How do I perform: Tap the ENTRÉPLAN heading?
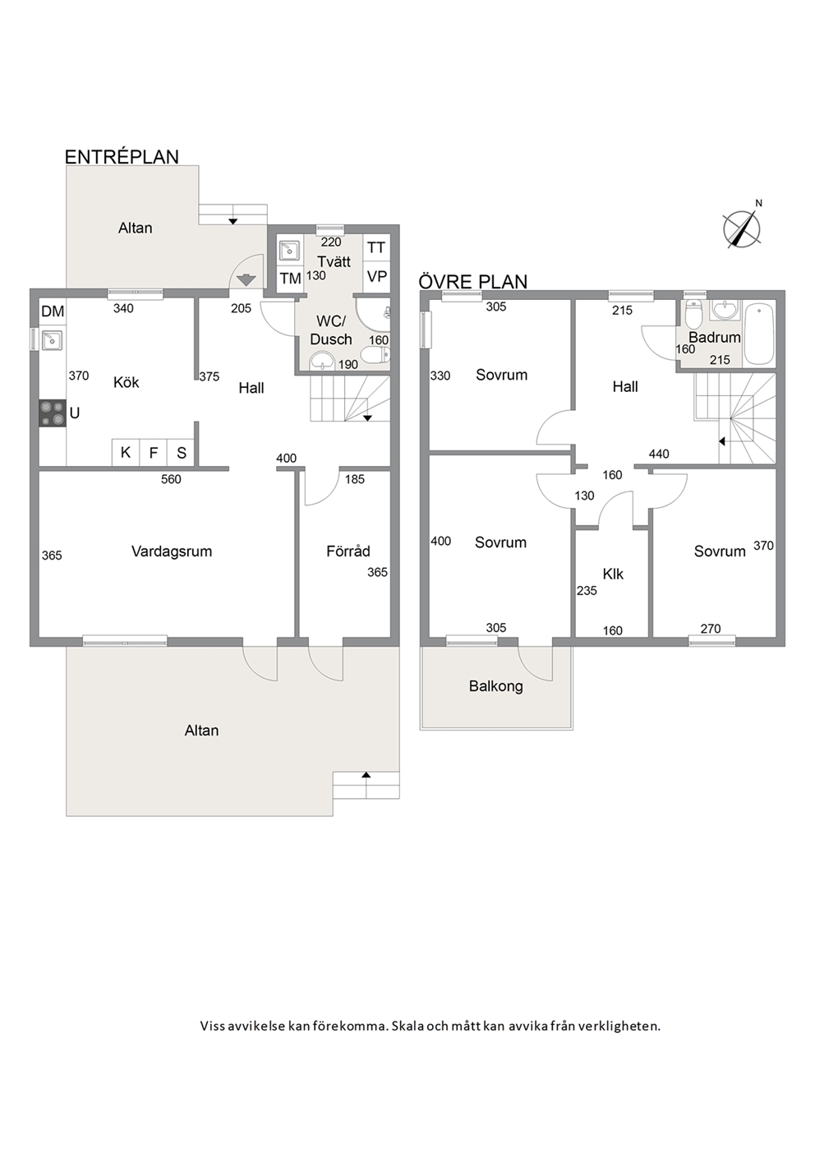(x=122, y=157)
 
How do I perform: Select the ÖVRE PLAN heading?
(x=473, y=282)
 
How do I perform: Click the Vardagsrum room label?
(x=172, y=551)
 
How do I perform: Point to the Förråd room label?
(x=348, y=551)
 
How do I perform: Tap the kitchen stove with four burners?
(x=53, y=413)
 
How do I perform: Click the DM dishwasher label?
(x=53, y=311)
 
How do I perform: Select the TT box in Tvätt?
(x=376, y=248)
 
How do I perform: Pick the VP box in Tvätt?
(x=376, y=276)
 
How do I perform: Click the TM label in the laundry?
(x=290, y=279)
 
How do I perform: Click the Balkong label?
(x=496, y=686)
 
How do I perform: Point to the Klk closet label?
(x=613, y=574)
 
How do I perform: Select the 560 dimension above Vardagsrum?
(x=172, y=479)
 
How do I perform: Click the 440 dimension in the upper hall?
(x=659, y=454)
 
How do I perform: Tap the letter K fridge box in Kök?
(x=126, y=453)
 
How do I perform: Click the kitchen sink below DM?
(x=53, y=339)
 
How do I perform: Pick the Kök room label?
(x=126, y=382)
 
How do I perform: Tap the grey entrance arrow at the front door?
(x=246, y=280)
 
